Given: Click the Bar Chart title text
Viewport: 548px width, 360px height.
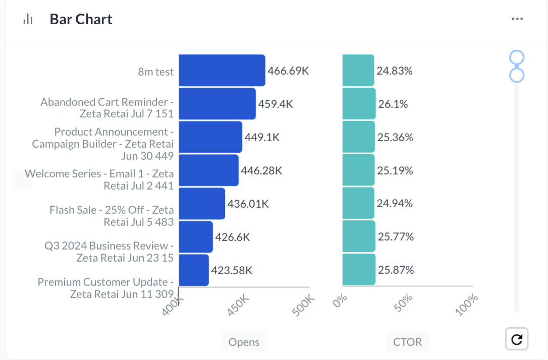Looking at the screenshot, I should coord(81,19).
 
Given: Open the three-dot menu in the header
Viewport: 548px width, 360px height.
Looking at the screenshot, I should coord(517,19).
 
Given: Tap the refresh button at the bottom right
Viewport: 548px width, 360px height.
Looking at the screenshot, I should coord(517,339).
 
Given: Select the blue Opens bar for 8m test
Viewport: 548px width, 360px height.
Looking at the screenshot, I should coord(222,71).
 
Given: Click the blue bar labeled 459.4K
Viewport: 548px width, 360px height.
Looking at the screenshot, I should coord(217,104).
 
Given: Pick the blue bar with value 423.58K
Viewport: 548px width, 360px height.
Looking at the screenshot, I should coord(194,270).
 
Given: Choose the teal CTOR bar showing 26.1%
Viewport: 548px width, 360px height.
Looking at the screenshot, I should coord(359,104).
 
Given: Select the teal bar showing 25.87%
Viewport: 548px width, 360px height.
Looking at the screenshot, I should coord(359,270).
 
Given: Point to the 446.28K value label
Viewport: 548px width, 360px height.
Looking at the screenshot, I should coord(261,170).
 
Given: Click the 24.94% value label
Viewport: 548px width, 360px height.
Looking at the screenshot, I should coord(395,204).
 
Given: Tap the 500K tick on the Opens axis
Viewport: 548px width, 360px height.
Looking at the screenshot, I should coord(304,306).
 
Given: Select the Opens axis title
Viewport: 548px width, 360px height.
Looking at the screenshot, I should coord(244,342).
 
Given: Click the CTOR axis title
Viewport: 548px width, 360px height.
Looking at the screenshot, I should coord(407,342).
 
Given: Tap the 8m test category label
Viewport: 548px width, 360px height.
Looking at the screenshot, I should coord(156,72).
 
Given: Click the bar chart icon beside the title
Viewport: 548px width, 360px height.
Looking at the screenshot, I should coord(28,20).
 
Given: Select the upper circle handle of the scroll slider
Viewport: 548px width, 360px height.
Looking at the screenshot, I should coord(517,57).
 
